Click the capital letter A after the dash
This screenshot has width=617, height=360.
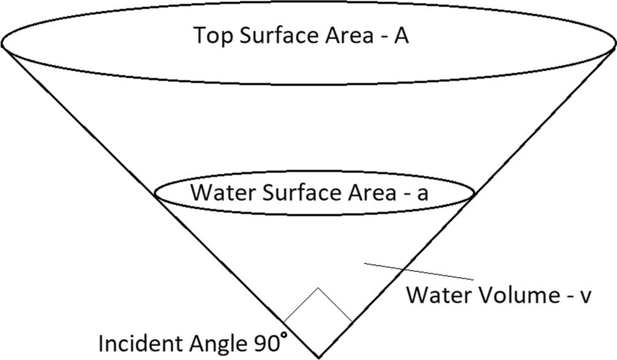(401, 36)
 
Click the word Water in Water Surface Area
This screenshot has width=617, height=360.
(218, 193)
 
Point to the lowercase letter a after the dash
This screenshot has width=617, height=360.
(422, 194)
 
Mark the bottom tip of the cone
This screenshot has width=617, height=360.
(318, 356)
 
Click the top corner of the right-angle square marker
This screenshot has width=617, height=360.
(318, 288)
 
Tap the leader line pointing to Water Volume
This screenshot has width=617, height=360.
(418, 271)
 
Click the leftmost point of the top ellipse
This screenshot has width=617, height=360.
(2, 43)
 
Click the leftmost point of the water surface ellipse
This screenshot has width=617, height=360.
(155, 191)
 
